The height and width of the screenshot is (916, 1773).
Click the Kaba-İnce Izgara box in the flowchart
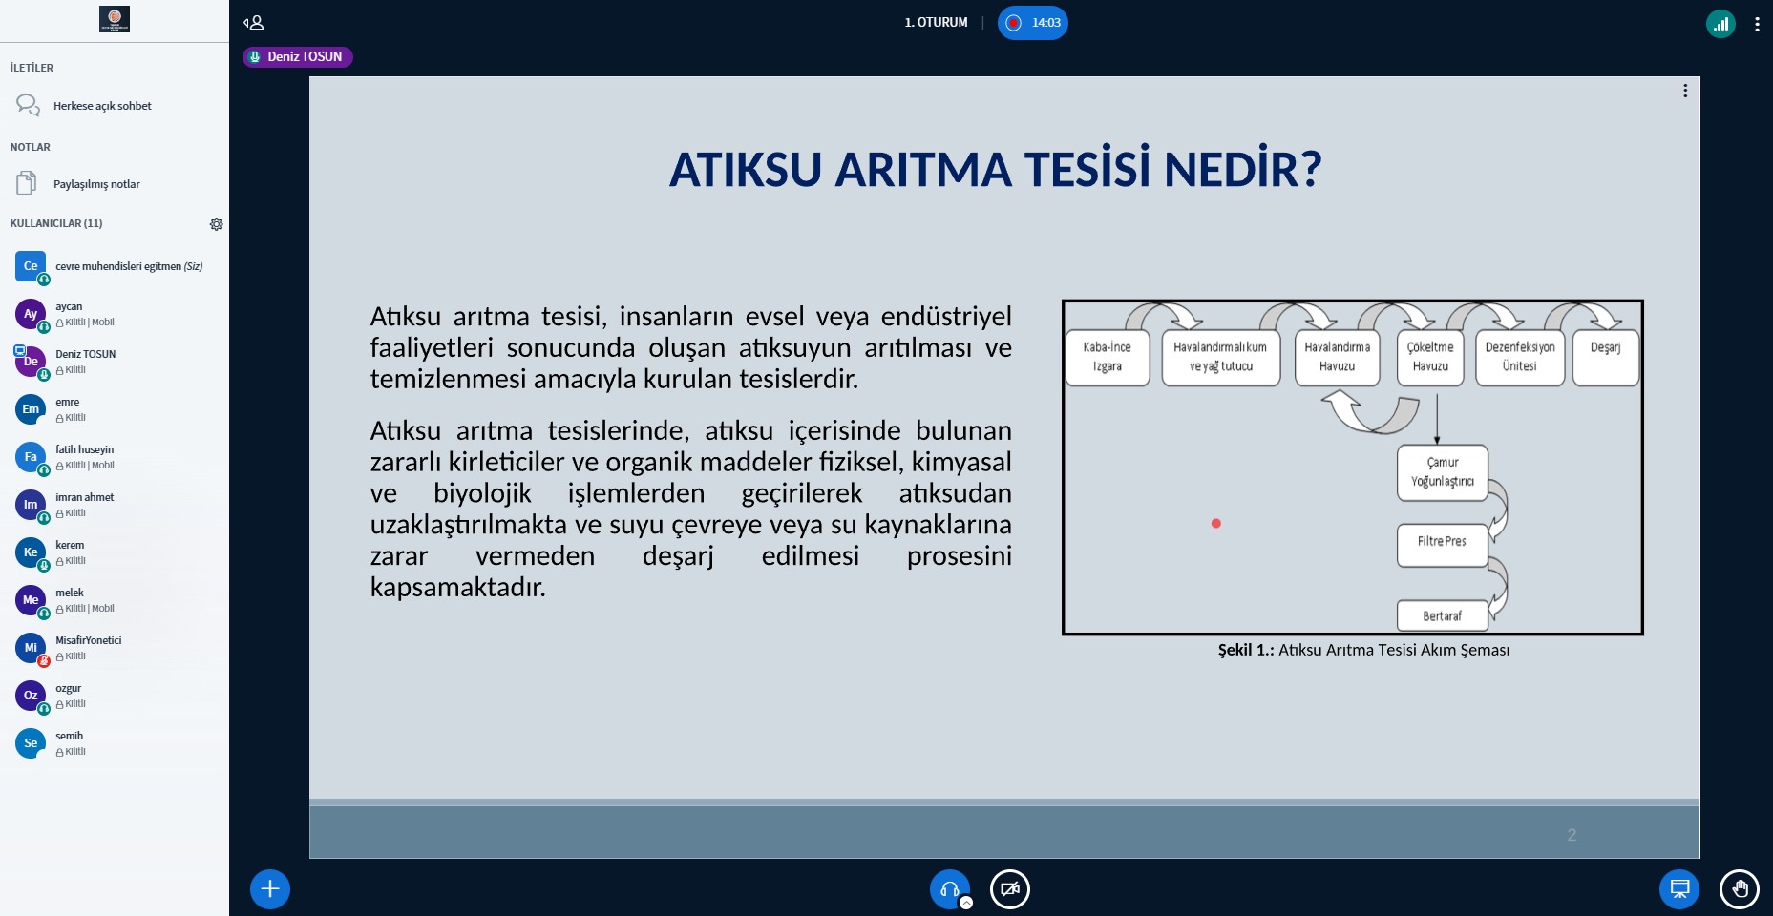pyautogui.click(x=1107, y=357)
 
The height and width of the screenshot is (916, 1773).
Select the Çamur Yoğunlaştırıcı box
pyautogui.click(x=1442, y=472)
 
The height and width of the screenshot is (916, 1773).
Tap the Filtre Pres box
pyautogui.click(x=1442, y=543)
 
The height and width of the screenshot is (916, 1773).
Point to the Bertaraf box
pyautogui.click(x=1442, y=616)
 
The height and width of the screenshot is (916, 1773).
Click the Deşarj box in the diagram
pyautogui.click(x=1605, y=357)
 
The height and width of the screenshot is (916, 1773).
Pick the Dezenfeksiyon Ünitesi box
pyautogui.click(x=1519, y=357)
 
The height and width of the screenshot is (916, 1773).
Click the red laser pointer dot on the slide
pyautogui.click(x=1215, y=523)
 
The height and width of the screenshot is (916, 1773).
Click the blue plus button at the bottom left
pyautogui.click(x=270, y=889)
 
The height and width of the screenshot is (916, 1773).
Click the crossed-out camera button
pyautogui.click(x=1009, y=889)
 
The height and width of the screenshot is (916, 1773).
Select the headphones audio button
pyautogui.click(x=949, y=889)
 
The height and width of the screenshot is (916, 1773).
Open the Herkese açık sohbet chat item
pyautogui.click(x=102, y=106)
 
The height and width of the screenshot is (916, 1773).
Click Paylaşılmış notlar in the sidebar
pyautogui.click(x=96, y=184)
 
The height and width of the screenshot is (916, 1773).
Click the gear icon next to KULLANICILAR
pyautogui.click(x=216, y=224)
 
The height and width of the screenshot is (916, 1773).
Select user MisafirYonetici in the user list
pyautogui.click(x=88, y=641)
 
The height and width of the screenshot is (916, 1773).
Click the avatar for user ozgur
pyautogui.click(x=31, y=696)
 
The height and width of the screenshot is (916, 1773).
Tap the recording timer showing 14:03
pyautogui.click(x=1033, y=23)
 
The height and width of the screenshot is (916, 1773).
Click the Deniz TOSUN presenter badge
pyautogui.click(x=298, y=57)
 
